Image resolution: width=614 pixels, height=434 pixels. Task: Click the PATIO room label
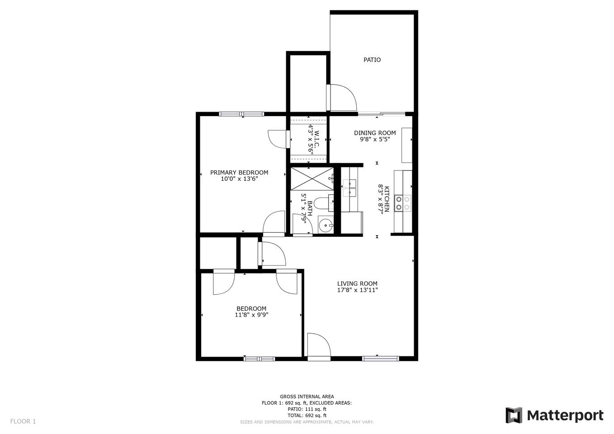point(372,60)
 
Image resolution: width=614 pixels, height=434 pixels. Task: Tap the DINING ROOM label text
point(375,133)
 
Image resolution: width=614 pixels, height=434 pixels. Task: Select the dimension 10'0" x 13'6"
point(239,179)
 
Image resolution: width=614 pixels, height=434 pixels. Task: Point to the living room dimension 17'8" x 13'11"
point(358,290)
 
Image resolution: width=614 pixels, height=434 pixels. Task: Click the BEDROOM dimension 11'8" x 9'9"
point(251,315)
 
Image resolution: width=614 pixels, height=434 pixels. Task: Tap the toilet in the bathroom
point(323,203)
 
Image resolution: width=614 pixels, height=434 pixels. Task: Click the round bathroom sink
point(326,225)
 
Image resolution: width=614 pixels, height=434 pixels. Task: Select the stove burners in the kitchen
point(403,203)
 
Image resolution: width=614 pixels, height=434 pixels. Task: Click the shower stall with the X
point(312,179)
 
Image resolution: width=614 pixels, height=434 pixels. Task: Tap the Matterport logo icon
point(514,415)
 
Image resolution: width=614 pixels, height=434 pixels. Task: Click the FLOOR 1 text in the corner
point(23,421)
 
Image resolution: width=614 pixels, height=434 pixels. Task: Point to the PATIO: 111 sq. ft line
point(307,409)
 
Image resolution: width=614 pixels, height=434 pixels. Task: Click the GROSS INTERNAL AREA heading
point(307,396)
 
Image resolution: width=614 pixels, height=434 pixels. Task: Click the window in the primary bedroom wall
point(241,114)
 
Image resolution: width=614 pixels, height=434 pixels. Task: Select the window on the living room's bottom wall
point(380,359)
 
